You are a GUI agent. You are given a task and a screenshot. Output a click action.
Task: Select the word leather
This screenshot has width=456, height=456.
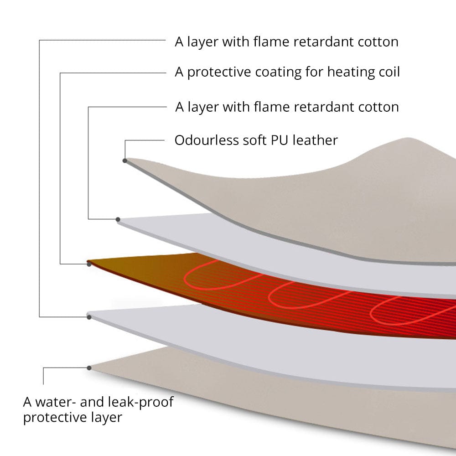tap(315, 140)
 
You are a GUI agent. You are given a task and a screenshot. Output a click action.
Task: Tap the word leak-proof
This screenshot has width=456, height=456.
tap(141, 403)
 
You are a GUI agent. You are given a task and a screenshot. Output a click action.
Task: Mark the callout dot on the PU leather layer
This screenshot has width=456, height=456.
tap(125, 161)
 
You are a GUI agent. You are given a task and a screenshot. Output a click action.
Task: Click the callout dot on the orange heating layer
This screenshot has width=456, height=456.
tap(89, 264)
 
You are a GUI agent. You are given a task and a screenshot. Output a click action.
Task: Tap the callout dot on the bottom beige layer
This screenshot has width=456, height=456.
tap(89, 368)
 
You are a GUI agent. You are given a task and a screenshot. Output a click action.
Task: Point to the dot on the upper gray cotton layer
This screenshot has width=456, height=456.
tap(118, 220)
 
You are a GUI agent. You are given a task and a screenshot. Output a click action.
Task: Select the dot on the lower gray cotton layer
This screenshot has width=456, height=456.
tap(89, 317)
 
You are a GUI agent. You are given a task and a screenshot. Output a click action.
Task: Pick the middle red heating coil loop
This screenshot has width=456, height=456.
tap(269, 297)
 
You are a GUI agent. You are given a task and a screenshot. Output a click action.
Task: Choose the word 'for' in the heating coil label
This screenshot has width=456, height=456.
tap(314, 72)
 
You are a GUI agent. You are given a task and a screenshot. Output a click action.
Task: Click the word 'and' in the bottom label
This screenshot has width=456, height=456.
tap(92, 402)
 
